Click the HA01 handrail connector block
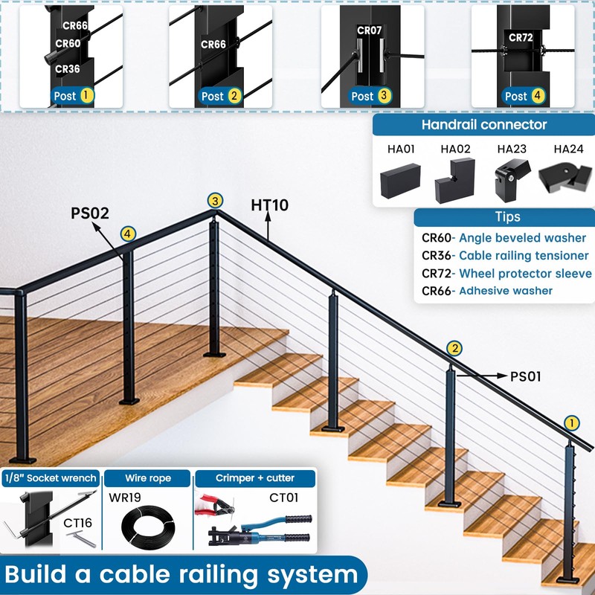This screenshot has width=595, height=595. point(400,181)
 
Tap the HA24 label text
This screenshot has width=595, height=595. point(568,149)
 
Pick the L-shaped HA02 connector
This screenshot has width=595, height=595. point(455,181)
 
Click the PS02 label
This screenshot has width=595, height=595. point(90,213)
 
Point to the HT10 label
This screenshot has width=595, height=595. point(269,205)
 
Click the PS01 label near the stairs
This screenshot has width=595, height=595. point(526,377)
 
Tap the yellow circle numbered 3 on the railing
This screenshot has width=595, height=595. point(215,201)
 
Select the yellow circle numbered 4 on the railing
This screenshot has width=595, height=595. point(128,234)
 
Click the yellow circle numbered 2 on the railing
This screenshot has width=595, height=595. point(454,348)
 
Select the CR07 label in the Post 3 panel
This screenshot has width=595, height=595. point(369,30)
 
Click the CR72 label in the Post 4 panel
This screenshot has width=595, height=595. point(521,38)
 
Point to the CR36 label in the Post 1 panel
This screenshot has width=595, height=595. point(68,69)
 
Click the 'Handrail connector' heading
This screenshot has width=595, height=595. point(484,124)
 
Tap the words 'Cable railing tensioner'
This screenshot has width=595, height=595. point(524,256)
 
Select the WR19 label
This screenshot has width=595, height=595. point(124,497)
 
